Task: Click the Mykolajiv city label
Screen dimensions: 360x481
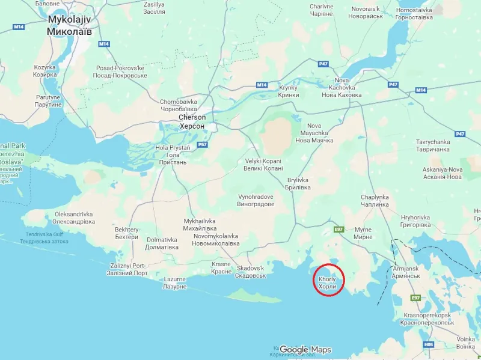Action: (70, 24)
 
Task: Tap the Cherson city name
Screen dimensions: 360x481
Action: (192, 121)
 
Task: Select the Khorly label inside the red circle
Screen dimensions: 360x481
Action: (327, 283)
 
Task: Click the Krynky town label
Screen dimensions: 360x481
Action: (289, 91)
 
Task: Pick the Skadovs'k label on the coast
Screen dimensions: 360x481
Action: (251, 272)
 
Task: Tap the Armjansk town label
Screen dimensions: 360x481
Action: (405, 271)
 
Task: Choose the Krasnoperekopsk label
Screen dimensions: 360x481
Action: (429, 319)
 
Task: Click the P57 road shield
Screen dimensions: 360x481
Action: (202, 145)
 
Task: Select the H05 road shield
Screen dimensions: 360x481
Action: (429, 344)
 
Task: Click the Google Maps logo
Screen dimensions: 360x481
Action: (305, 350)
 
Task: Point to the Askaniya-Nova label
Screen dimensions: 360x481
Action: (443, 173)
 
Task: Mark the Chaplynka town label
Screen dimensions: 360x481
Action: (375, 201)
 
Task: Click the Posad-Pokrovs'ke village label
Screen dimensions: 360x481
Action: (120, 72)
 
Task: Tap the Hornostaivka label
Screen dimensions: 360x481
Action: (415, 13)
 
